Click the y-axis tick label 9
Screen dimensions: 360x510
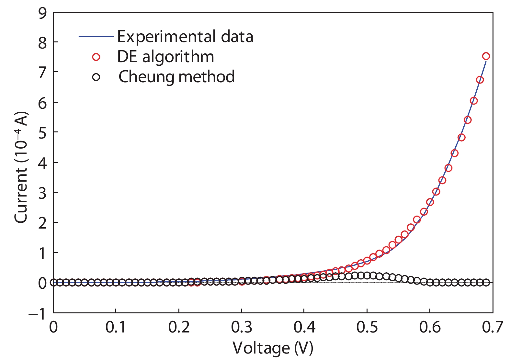pyautogui.click(x=42, y=13)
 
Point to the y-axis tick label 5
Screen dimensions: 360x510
pyautogui.click(x=42, y=132)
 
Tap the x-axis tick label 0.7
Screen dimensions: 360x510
pyautogui.click(x=492, y=327)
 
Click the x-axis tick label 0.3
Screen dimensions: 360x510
pyautogui.click(x=241, y=327)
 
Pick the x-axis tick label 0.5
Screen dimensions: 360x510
pyautogui.click(x=367, y=327)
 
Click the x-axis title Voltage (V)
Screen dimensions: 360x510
pyautogui.click(x=273, y=348)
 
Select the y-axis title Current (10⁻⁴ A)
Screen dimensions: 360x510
pyautogui.click(x=21, y=167)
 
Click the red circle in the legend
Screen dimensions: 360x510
pyautogui.click(x=96, y=57)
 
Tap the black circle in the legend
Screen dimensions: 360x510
pyautogui.click(x=96, y=77)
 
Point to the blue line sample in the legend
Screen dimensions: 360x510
pyautogui.click(x=96, y=37)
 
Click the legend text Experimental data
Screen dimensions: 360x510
pyautogui.click(x=185, y=37)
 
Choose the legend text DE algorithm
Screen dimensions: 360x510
pyautogui.click(x=165, y=57)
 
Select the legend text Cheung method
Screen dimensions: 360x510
pyautogui.click(x=176, y=77)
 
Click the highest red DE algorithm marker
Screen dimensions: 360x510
pyautogui.click(x=486, y=56)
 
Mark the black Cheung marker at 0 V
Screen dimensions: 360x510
pyautogui.click(x=53, y=282)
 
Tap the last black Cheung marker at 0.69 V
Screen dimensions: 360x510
pyautogui.click(x=486, y=282)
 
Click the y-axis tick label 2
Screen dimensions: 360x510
pyautogui.click(x=42, y=223)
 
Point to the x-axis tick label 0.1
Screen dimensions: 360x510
pyautogui.click(x=116, y=327)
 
